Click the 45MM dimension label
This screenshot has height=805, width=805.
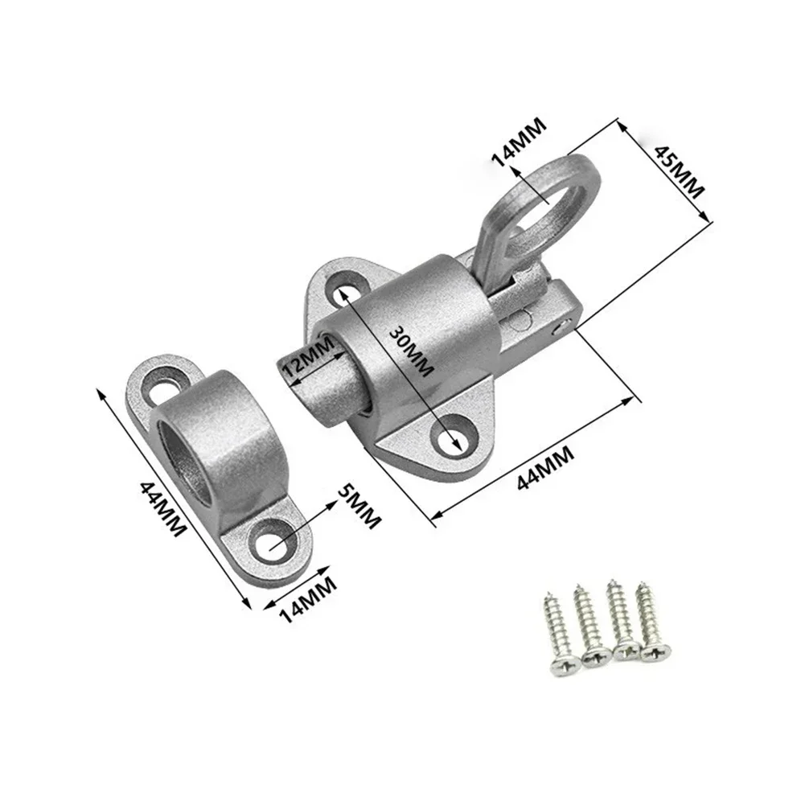pos(679,171)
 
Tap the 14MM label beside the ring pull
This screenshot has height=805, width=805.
pos(519,142)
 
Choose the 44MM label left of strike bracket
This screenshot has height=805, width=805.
pos(163,510)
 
